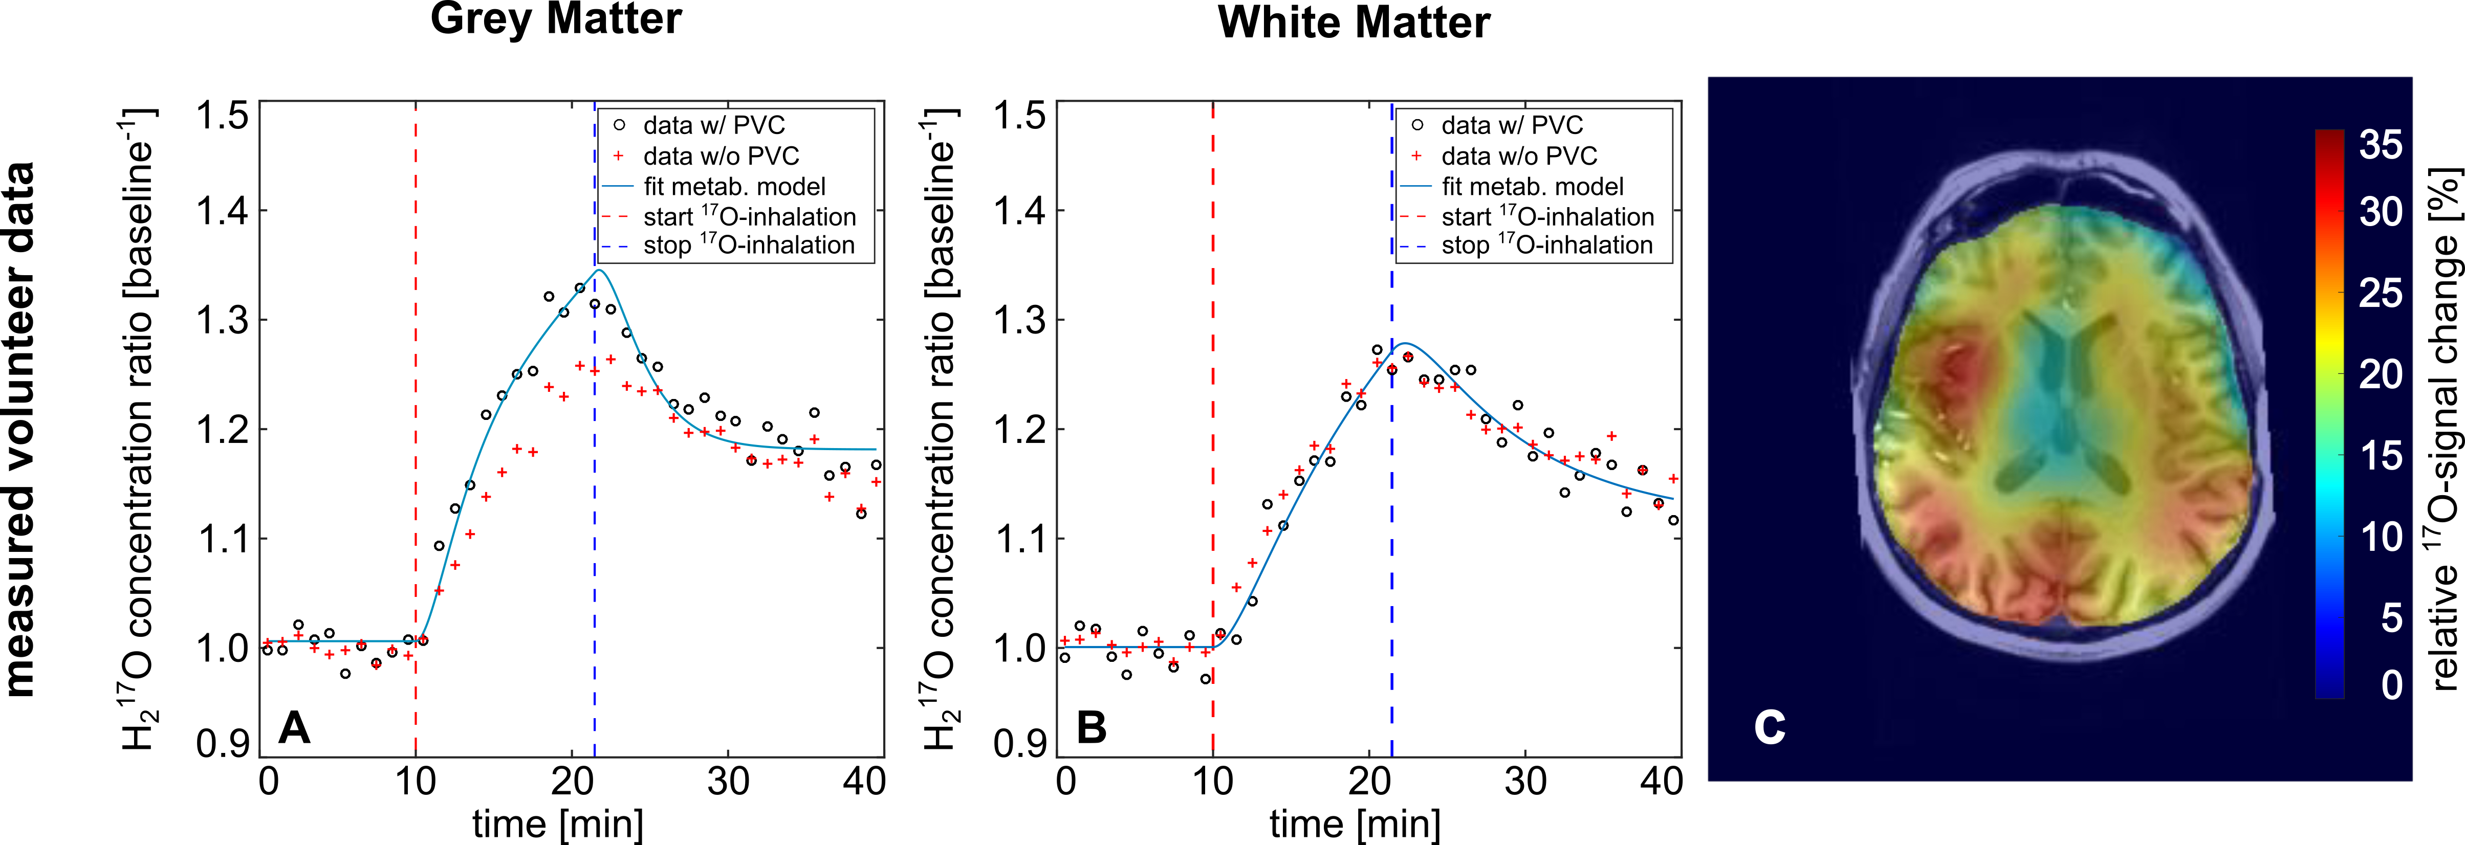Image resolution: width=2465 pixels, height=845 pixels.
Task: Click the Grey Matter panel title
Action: pos(556,19)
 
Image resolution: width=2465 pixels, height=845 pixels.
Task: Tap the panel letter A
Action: pos(294,727)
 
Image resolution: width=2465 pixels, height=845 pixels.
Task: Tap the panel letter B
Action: pos(1092,727)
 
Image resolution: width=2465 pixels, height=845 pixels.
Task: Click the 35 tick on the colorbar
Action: pos(2381,145)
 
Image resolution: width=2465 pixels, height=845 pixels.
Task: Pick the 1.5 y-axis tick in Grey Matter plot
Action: pos(222,116)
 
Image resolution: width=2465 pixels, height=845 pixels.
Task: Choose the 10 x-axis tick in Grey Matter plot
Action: pos(416,782)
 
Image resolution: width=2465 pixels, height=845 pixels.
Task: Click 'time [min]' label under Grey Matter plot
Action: pos(558,823)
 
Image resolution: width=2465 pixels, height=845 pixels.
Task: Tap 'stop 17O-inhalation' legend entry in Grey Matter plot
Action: pos(748,246)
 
